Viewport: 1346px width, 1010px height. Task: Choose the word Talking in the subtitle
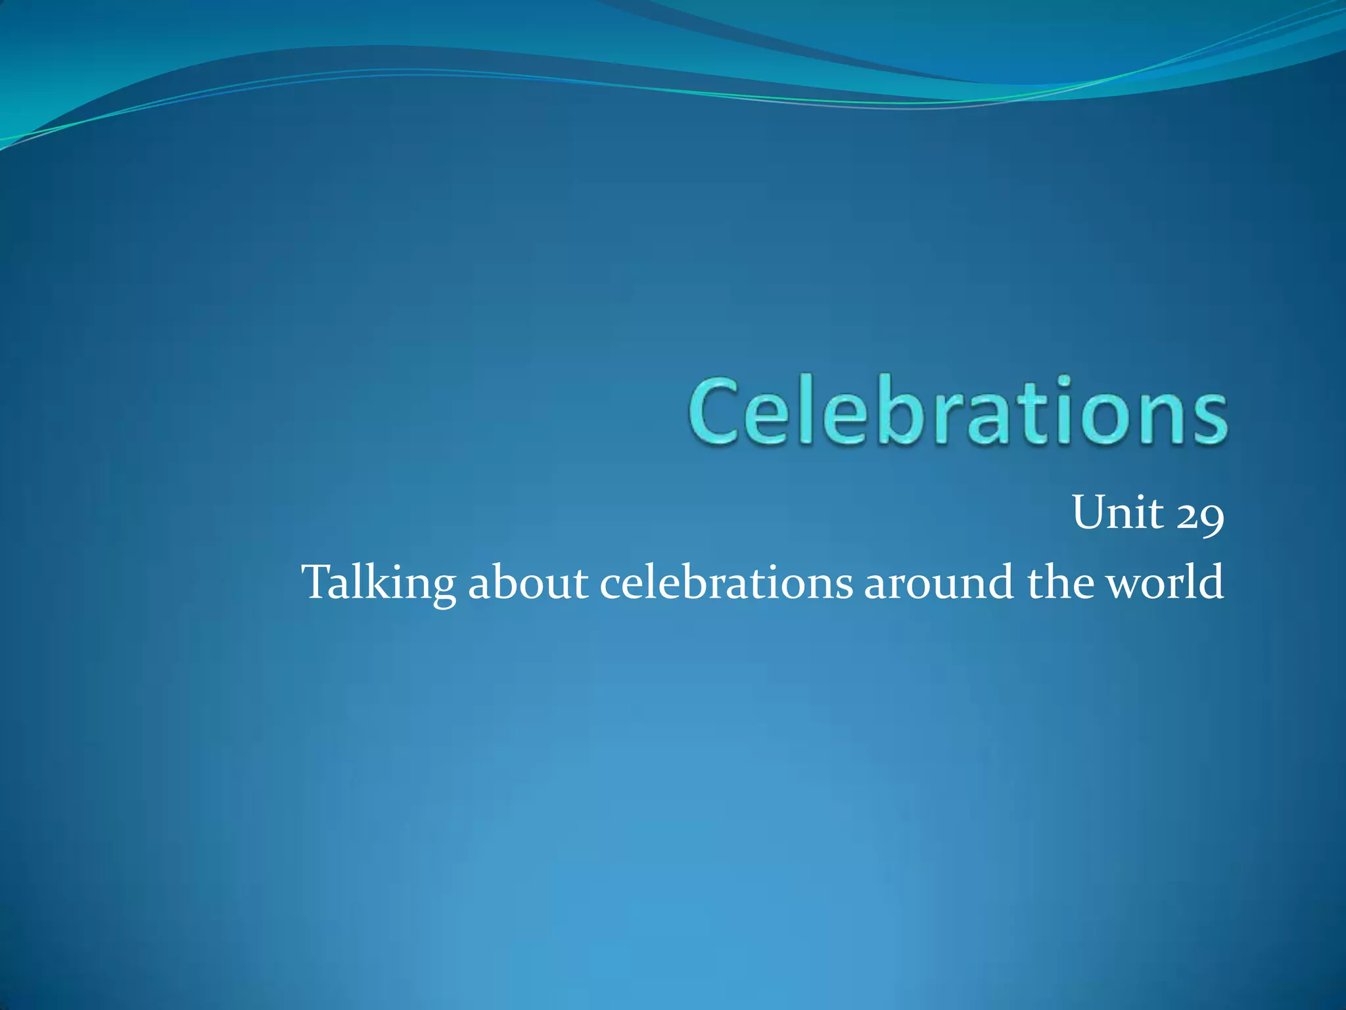pyautogui.click(x=379, y=583)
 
